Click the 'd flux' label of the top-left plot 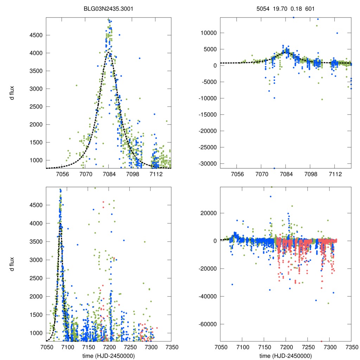coord(12,93)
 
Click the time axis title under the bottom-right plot coord(285,356)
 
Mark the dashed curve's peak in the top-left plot coord(109,53)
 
